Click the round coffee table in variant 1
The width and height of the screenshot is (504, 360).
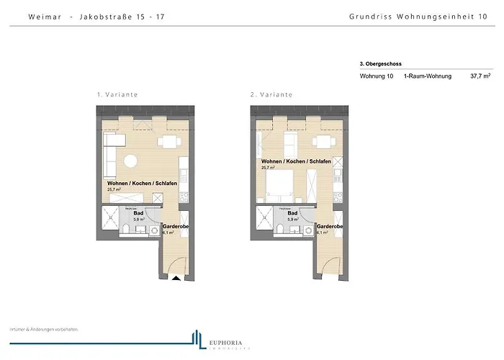132,161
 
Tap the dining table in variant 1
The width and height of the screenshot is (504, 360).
171,141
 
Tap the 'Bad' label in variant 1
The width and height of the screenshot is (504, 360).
139,213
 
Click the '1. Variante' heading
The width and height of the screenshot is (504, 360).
117,94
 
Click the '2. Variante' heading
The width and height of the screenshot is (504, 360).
271,94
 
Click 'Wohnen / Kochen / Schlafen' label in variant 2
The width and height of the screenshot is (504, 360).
296,161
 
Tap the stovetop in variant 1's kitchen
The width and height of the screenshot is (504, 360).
184,194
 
